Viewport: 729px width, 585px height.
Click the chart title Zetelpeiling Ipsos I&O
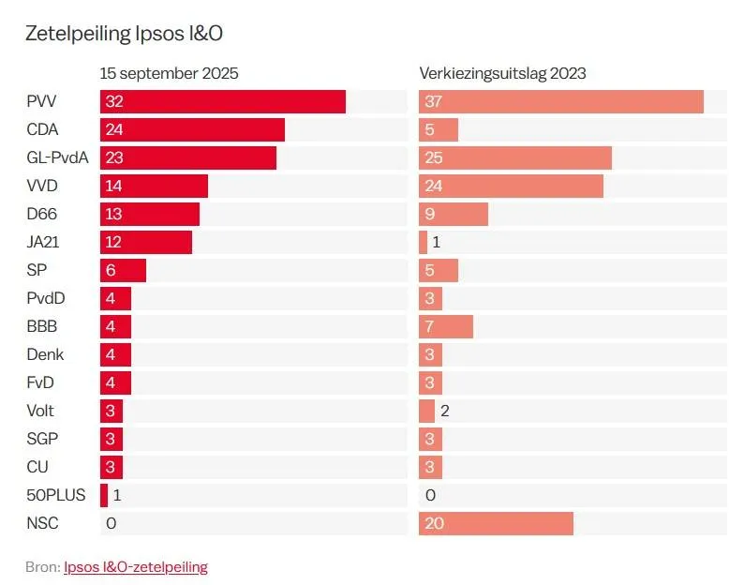click(x=124, y=34)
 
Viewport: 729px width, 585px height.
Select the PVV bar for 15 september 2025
click(x=223, y=101)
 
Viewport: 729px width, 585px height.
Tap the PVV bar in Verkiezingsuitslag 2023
click(x=560, y=101)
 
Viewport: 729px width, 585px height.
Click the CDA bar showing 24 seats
click(x=192, y=129)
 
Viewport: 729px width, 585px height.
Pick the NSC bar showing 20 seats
click(x=496, y=523)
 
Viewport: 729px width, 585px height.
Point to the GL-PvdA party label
click(x=57, y=157)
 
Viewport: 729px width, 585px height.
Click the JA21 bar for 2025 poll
click(x=146, y=242)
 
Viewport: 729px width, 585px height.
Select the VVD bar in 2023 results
click(x=511, y=186)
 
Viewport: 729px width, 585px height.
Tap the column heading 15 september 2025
click(x=170, y=73)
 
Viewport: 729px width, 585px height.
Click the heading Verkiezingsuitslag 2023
click(x=502, y=73)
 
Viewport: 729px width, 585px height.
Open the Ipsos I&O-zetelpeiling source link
click(x=136, y=566)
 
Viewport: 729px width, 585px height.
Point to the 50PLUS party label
click(x=56, y=495)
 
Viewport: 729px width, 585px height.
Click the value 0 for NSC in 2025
click(x=112, y=523)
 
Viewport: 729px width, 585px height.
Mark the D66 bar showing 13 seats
click(x=150, y=214)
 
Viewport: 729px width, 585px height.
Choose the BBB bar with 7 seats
click(x=445, y=326)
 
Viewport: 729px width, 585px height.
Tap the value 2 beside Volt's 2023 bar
click(x=445, y=411)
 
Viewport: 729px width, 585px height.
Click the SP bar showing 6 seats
click(x=123, y=270)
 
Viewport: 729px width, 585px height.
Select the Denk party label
click(x=45, y=354)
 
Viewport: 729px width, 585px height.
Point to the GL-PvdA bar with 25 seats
click(x=514, y=157)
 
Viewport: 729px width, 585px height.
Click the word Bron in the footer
click(x=41, y=566)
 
